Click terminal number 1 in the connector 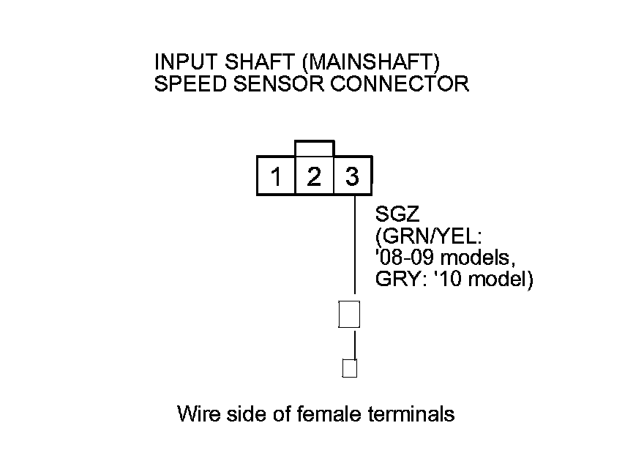[x=276, y=177]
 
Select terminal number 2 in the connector [x=314, y=177]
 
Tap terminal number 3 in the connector [x=352, y=177]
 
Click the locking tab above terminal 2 [x=314, y=148]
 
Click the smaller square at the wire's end [x=350, y=368]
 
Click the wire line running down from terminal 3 [x=355, y=249]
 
